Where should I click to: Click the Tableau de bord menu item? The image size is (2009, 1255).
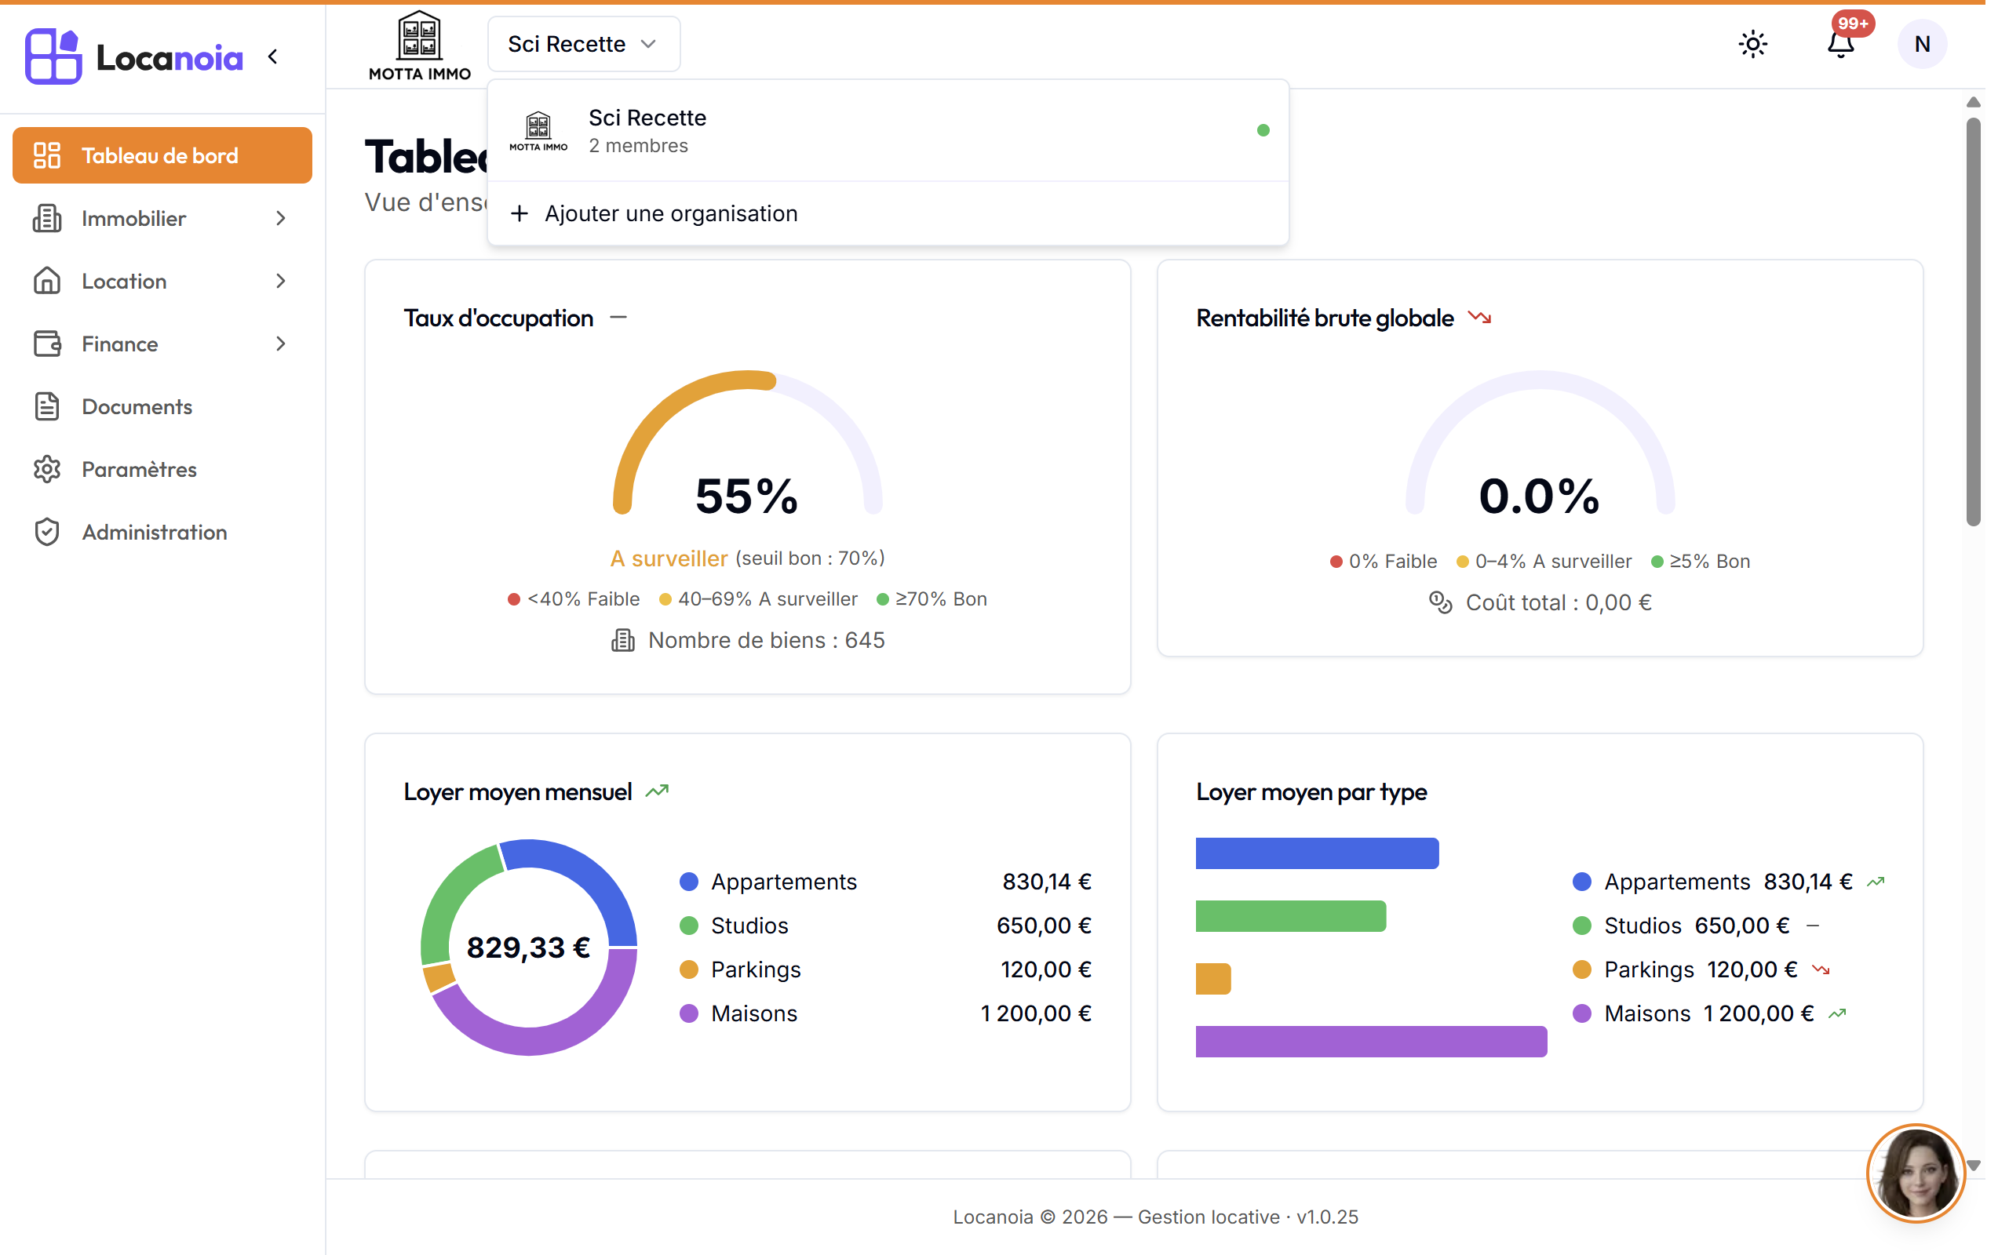tap(162, 155)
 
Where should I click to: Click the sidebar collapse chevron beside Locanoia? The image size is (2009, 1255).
tap(273, 56)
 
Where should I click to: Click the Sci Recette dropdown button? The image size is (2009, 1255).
tap(584, 44)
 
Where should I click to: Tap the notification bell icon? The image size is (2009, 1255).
tap(1840, 44)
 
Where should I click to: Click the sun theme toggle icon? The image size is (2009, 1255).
tap(1752, 44)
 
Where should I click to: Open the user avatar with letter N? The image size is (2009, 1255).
tap(1922, 44)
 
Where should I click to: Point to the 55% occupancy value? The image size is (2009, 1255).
tap(746, 496)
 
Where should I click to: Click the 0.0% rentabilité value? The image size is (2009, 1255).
tap(1539, 496)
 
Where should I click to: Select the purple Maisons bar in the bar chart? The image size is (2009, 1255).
tap(1371, 1041)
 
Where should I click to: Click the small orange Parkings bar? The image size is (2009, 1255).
tap(1213, 979)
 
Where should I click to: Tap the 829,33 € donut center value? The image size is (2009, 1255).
tap(528, 947)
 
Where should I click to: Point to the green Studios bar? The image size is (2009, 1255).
tap(1290, 915)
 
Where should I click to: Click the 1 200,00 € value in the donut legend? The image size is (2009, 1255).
tap(1035, 1013)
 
